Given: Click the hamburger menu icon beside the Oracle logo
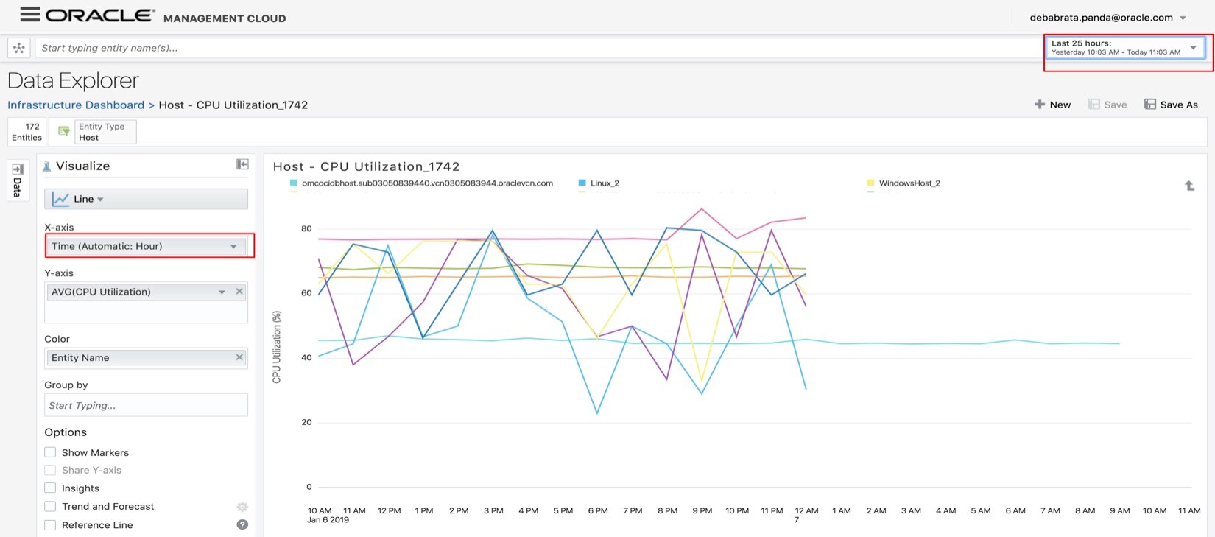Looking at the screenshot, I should click(30, 14).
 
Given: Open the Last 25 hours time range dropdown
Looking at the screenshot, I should click(1125, 48).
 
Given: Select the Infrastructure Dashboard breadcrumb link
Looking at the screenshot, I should click(76, 105).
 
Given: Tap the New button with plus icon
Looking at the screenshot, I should click(1052, 105).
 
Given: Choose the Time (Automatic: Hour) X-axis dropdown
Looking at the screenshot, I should click(146, 246).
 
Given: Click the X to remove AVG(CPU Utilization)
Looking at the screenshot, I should click(239, 292).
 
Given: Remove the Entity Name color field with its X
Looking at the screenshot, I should click(239, 357).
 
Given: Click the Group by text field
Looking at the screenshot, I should click(146, 405).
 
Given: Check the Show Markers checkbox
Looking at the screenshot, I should click(50, 452).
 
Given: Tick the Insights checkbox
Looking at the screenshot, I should click(50, 488).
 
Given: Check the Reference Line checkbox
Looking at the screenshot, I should click(50, 525).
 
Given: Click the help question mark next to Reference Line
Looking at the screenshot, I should click(242, 524).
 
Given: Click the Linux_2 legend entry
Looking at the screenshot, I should click(604, 183).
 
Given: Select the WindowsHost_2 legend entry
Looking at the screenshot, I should click(909, 183).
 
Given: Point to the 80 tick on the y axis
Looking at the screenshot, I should click(306, 228).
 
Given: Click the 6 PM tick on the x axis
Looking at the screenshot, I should click(598, 510).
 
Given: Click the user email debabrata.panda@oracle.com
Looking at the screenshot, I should click(1101, 18).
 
